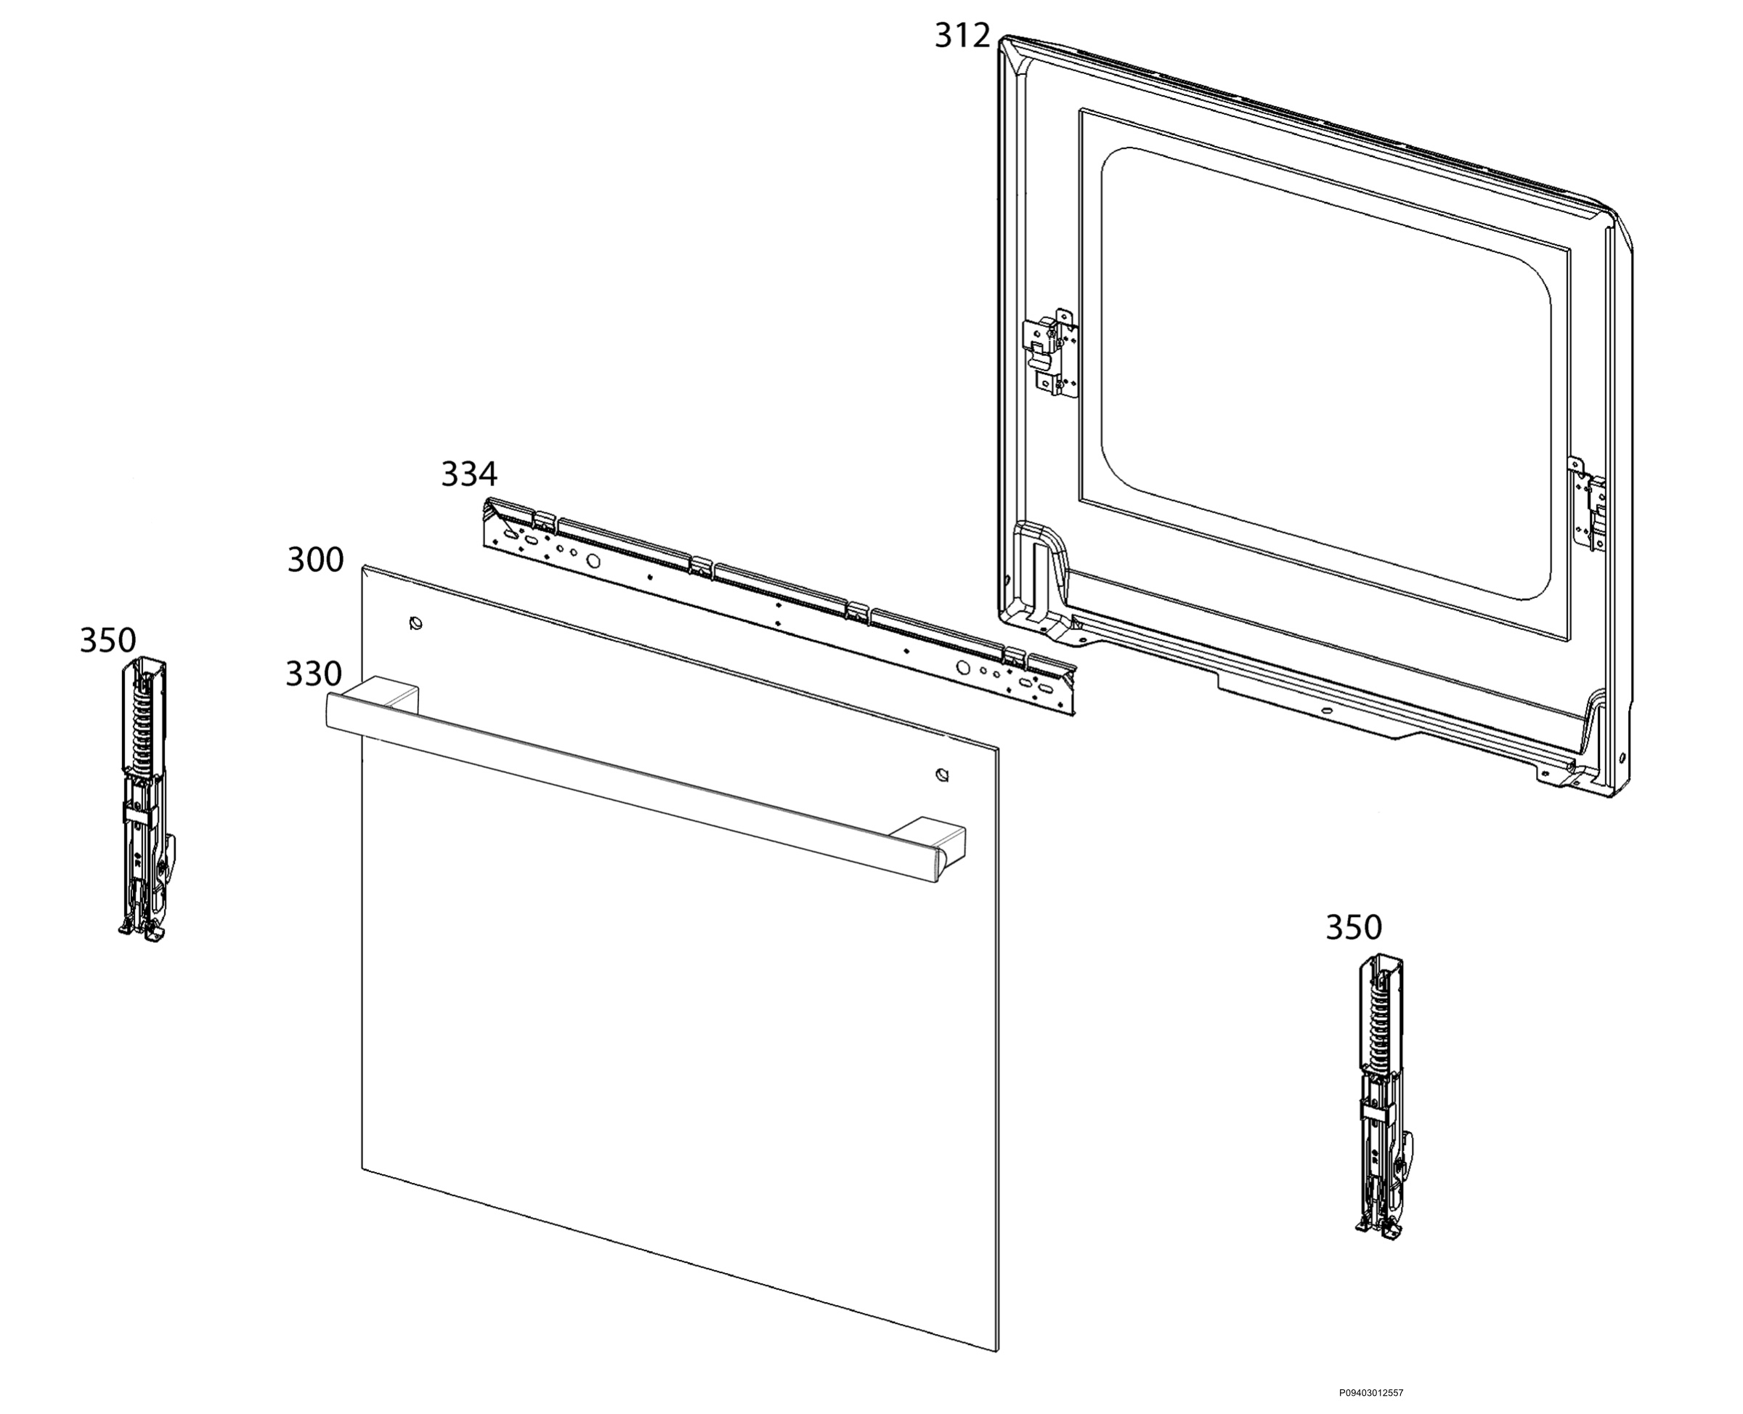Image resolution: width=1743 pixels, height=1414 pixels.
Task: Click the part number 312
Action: point(962,36)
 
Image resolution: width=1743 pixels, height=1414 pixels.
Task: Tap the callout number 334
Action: point(469,474)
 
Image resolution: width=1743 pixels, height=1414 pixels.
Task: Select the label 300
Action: point(315,560)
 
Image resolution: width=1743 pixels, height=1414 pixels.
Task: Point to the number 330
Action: point(314,674)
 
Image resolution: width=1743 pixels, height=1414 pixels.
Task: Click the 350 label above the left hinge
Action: point(107,640)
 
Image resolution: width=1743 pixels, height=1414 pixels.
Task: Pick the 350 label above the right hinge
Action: point(1353,927)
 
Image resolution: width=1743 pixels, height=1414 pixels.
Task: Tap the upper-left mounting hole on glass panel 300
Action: point(416,624)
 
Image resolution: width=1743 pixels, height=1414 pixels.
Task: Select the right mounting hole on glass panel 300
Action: point(942,774)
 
